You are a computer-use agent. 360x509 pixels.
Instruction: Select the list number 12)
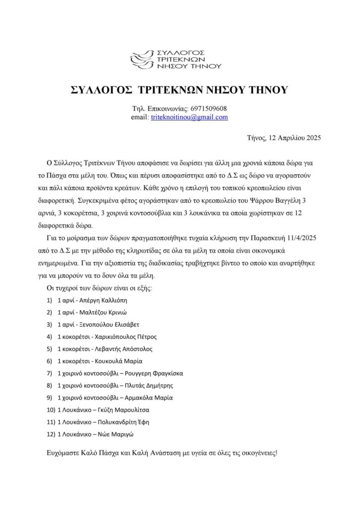(x=50, y=434)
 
